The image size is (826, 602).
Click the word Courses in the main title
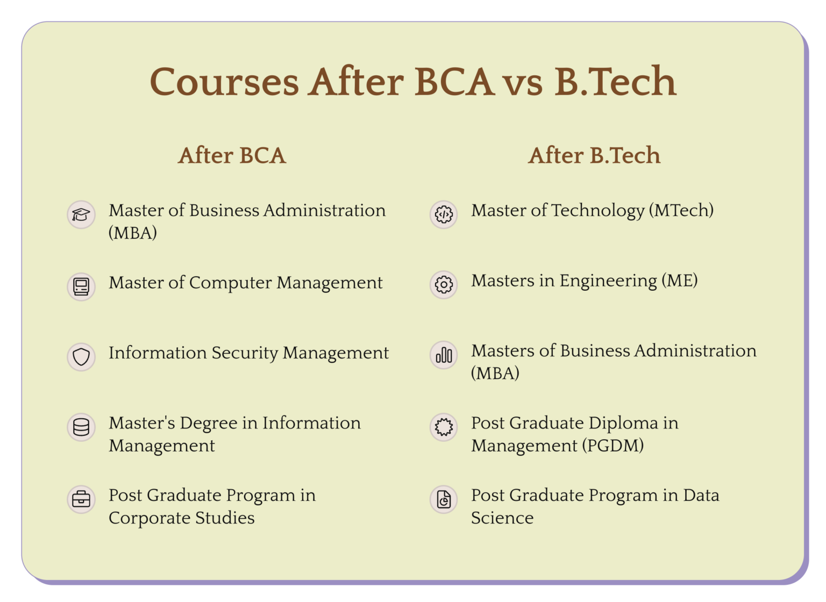tap(224, 82)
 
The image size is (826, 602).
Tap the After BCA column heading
tap(232, 156)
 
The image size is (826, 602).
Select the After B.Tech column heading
tap(594, 156)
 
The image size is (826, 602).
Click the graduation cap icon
tap(81, 215)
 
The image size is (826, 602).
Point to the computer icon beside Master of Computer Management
tap(81, 286)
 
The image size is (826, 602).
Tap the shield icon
tap(81, 356)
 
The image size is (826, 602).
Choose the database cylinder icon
tap(81, 427)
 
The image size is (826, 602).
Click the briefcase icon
tap(81, 499)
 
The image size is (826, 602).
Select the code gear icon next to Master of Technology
tap(444, 214)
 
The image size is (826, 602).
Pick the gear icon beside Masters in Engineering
tap(444, 284)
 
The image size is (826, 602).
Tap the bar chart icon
tap(444, 355)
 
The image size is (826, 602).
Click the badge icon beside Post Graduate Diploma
tap(444, 427)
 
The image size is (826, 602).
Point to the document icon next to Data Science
tap(444, 499)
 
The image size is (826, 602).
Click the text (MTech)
tap(681, 211)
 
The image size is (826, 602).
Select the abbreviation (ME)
tap(680, 281)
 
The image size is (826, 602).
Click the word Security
tap(245, 353)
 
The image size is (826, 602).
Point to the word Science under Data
tap(502, 518)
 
